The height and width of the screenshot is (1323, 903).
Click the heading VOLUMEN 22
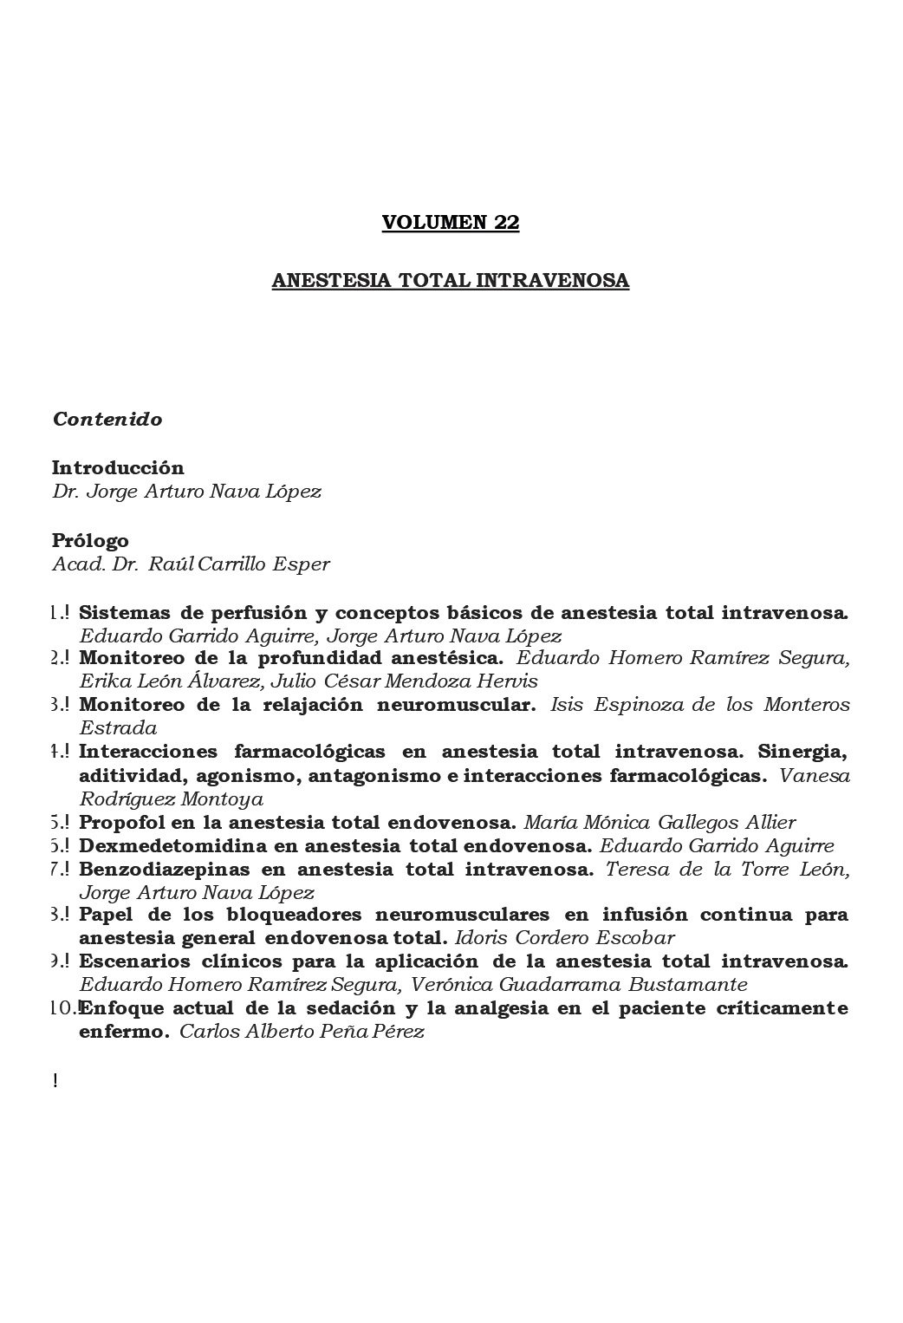[x=451, y=222]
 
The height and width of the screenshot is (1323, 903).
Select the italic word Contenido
[x=107, y=419]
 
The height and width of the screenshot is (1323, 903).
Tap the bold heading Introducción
[x=118, y=467]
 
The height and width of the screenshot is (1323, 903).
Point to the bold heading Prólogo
[x=90, y=541]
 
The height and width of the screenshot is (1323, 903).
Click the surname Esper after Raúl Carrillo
[x=302, y=564]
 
